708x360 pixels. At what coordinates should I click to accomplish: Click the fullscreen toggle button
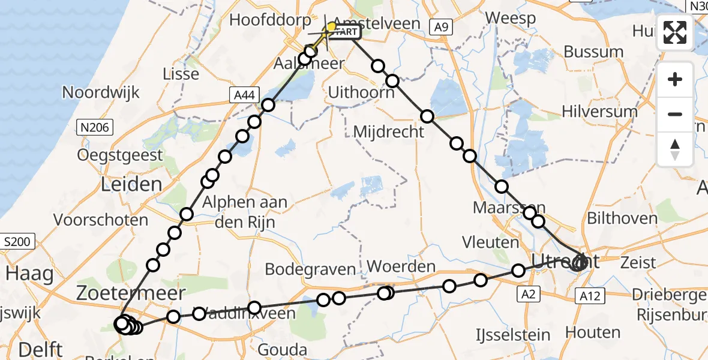pos(676,32)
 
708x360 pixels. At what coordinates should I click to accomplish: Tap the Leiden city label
pos(131,184)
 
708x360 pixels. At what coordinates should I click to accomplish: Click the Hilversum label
pos(599,112)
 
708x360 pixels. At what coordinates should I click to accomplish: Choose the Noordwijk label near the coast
pos(101,92)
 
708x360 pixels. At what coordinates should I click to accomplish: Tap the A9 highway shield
pos(441,26)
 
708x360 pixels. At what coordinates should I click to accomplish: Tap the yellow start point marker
pos(331,26)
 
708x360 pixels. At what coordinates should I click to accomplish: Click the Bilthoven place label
pos(622,218)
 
